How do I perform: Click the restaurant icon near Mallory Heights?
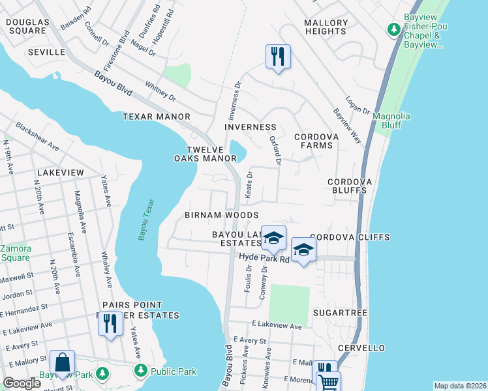pos(278,56)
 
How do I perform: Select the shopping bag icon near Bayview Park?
pos(62,364)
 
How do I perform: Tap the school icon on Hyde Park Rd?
pos(303,250)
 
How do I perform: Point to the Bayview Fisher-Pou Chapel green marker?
pos(393,29)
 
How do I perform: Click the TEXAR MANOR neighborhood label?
pos(156,117)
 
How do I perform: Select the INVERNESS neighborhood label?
pos(250,127)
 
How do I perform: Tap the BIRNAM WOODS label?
pos(221,215)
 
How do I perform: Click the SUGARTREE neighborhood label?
pos(340,313)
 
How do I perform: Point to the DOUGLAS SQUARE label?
pos(27,27)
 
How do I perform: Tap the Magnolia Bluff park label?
pos(391,121)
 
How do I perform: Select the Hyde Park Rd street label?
pos(264,259)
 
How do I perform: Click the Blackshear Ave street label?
pos(38,137)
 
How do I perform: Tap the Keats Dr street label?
pos(249,186)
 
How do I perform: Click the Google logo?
pos(22,383)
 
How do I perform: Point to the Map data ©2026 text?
pos(460,386)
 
